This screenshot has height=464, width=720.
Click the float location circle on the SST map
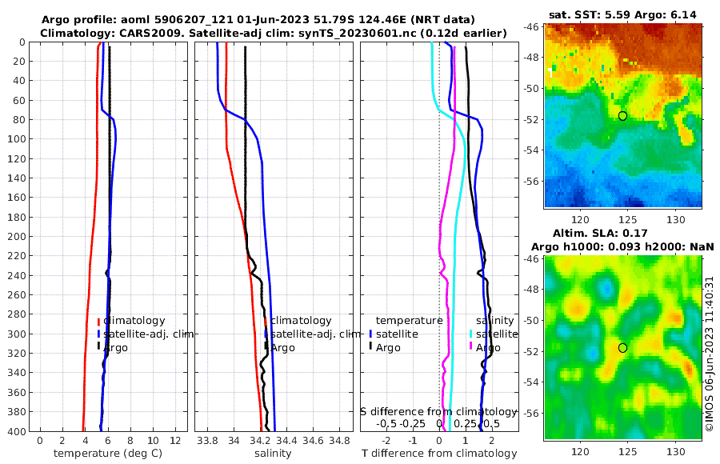(622, 116)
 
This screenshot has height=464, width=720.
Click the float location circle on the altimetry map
(622, 347)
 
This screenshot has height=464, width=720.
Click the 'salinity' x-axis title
(274, 454)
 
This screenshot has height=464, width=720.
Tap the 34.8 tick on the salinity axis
(340, 440)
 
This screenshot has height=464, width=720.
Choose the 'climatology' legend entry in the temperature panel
(134, 320)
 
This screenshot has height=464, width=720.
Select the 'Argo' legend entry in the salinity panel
(282, 347)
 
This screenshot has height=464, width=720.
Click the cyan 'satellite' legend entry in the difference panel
(493, 334)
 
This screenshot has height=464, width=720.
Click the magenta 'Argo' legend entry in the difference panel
(488, 347)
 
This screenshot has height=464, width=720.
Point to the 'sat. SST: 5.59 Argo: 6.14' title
(623, 15)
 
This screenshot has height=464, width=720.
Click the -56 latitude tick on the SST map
(530, 181)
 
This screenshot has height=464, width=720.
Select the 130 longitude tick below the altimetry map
(676, 450)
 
